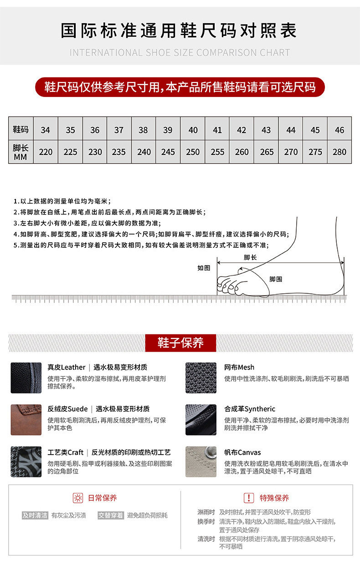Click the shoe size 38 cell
pyautogui.click(x=143, y=130)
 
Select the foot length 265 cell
pyautogui.click(x=266, y=152)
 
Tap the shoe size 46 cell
pyautogui.click(x=339, y=130)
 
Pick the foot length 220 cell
pyautogui.click(x=46, y=152)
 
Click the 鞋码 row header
pyautogui.click(x=21, y=129)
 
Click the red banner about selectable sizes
pyautogui.click(x=180, y=87)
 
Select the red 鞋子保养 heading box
pyautogui.click(x=180, y=343)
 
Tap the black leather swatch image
pyautogui.click(x=26, y=378)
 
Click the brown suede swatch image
pyautogui.click(x=26, y=420)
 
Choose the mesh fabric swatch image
pyautogui.click(x=201, y=378)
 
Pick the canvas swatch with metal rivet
pyautogui.click(x=201, y=461)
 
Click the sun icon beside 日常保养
pyautogui.click(x=78, y=498)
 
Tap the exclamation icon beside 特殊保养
pyautogui.click(x=249, y=498)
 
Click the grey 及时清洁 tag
pyautogui.click(x=35, y=515)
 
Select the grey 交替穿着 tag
pyautogui.click(x=111, y=515)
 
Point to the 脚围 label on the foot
pyautogui.click(x=276, y=279)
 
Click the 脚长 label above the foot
pyautogui.click(x=250, y=257)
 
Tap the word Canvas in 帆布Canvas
pyautogui.click(x=249, y=452)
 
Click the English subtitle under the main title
pyautogui.click(x=180, y=52)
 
